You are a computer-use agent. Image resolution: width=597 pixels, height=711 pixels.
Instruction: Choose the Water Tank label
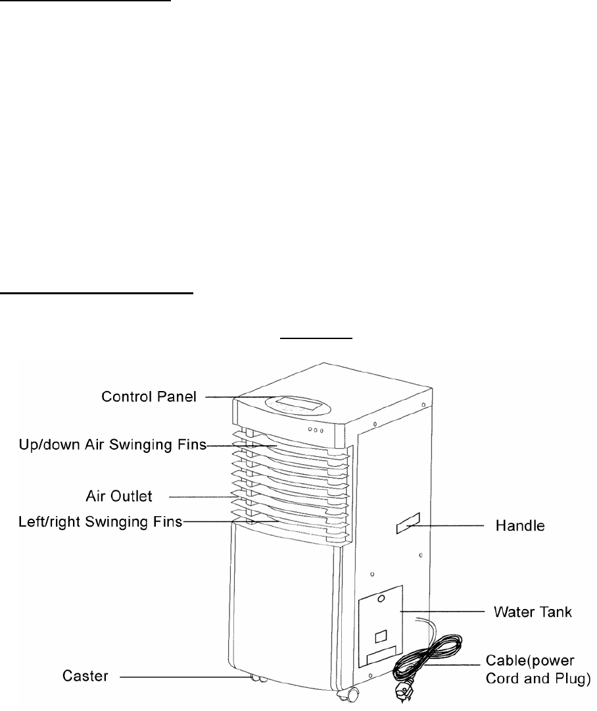[533, 612]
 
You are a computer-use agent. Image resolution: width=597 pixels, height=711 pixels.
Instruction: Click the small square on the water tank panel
[381, 637]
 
